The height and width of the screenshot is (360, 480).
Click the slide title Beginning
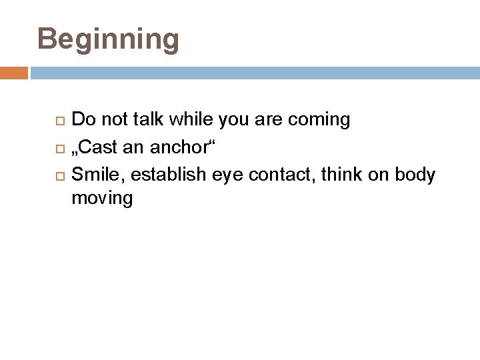coord(108,39)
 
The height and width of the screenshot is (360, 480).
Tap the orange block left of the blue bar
coord(13,73)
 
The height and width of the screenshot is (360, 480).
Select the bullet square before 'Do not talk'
coord(59,121)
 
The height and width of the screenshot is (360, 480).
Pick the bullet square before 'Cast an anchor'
coord(59,148)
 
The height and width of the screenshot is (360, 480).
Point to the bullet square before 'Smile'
coord(59,176)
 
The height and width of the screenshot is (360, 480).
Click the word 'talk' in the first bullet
coord(149,120)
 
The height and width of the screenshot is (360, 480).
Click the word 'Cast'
coord(99,147)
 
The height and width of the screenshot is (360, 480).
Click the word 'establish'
coord(169,175)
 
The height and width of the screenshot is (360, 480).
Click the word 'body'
coord(415,175)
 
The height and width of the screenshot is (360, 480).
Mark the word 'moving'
coord(102,199)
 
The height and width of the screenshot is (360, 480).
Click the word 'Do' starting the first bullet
coord(83,120)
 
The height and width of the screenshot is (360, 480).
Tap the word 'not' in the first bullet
coord(114,120)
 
